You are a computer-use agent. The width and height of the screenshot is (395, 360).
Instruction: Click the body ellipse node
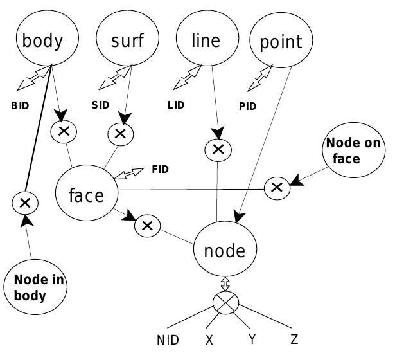click(x=44, y=41)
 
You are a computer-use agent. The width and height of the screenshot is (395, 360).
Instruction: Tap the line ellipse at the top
click(x=206, y=40)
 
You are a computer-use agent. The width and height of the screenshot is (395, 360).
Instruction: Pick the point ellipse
click(x=281, y=43)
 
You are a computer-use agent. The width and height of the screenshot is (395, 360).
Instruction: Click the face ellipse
click(x=87, y=194)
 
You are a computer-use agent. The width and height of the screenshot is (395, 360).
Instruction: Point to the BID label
click(x=21, y=105)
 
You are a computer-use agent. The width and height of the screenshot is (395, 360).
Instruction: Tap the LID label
click(x=175, y=105)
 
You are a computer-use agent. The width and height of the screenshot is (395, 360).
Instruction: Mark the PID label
click(x=247, y=106)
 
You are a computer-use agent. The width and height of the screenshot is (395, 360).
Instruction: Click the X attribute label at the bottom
click(x=209, y=340)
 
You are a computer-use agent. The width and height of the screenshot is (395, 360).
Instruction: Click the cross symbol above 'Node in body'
click(x=25, y=203)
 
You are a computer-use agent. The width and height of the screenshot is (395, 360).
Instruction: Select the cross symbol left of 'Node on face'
click(x=276, y=187)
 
